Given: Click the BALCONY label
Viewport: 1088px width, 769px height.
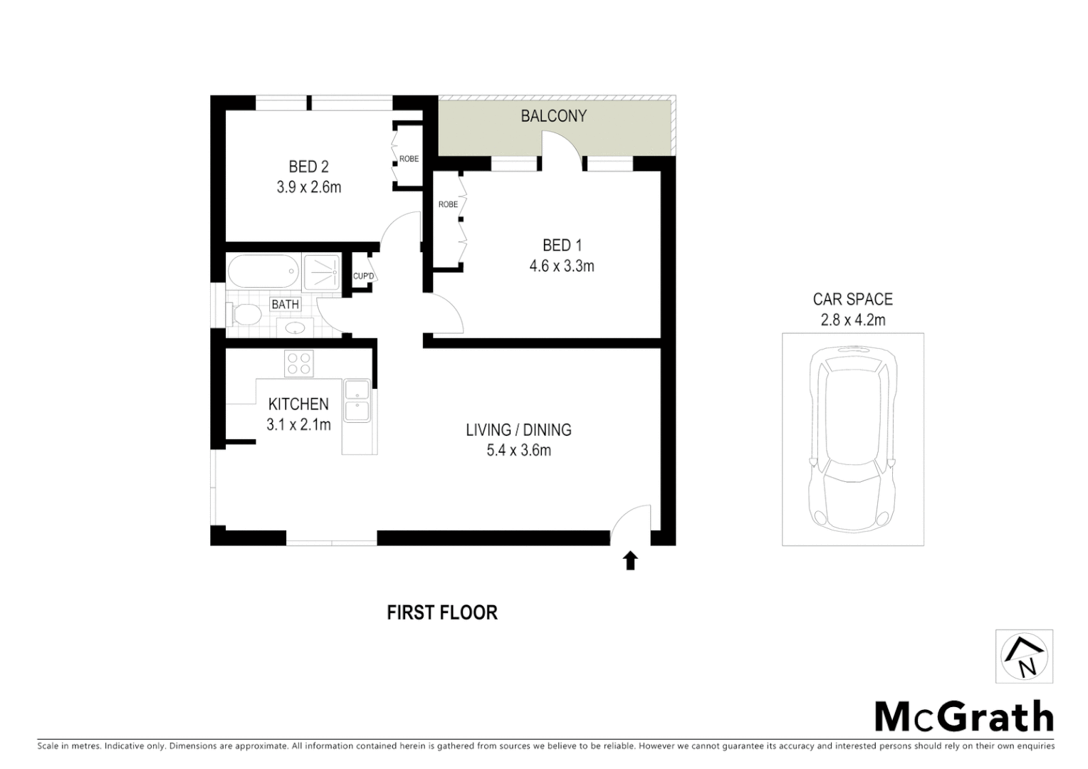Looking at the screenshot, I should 553,116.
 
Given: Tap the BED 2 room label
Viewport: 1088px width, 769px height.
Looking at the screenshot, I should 308,167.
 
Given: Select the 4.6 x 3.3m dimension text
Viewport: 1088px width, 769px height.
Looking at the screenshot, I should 561,266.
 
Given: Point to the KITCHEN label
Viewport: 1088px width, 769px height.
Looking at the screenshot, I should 298,404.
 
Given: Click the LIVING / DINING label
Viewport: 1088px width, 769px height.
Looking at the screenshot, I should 518,430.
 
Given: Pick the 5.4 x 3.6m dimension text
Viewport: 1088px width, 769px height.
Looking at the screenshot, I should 518,450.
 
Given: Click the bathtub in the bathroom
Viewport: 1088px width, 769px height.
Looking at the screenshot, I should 263,272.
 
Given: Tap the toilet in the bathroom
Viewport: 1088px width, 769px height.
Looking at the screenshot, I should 241,315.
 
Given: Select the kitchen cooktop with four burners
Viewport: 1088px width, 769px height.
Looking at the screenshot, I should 298,364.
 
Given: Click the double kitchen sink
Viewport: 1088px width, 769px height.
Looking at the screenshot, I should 356,401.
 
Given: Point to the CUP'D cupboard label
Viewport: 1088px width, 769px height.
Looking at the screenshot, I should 363,276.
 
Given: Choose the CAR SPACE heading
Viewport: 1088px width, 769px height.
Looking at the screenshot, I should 852,300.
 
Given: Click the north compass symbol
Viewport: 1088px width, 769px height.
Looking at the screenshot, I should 1024,656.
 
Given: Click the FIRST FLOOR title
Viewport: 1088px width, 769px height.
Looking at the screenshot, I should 442,613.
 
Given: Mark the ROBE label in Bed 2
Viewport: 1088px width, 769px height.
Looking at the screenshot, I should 409,159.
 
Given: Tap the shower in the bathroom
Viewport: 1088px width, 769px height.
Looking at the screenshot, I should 323,271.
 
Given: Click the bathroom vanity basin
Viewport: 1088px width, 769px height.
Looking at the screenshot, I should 295,328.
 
